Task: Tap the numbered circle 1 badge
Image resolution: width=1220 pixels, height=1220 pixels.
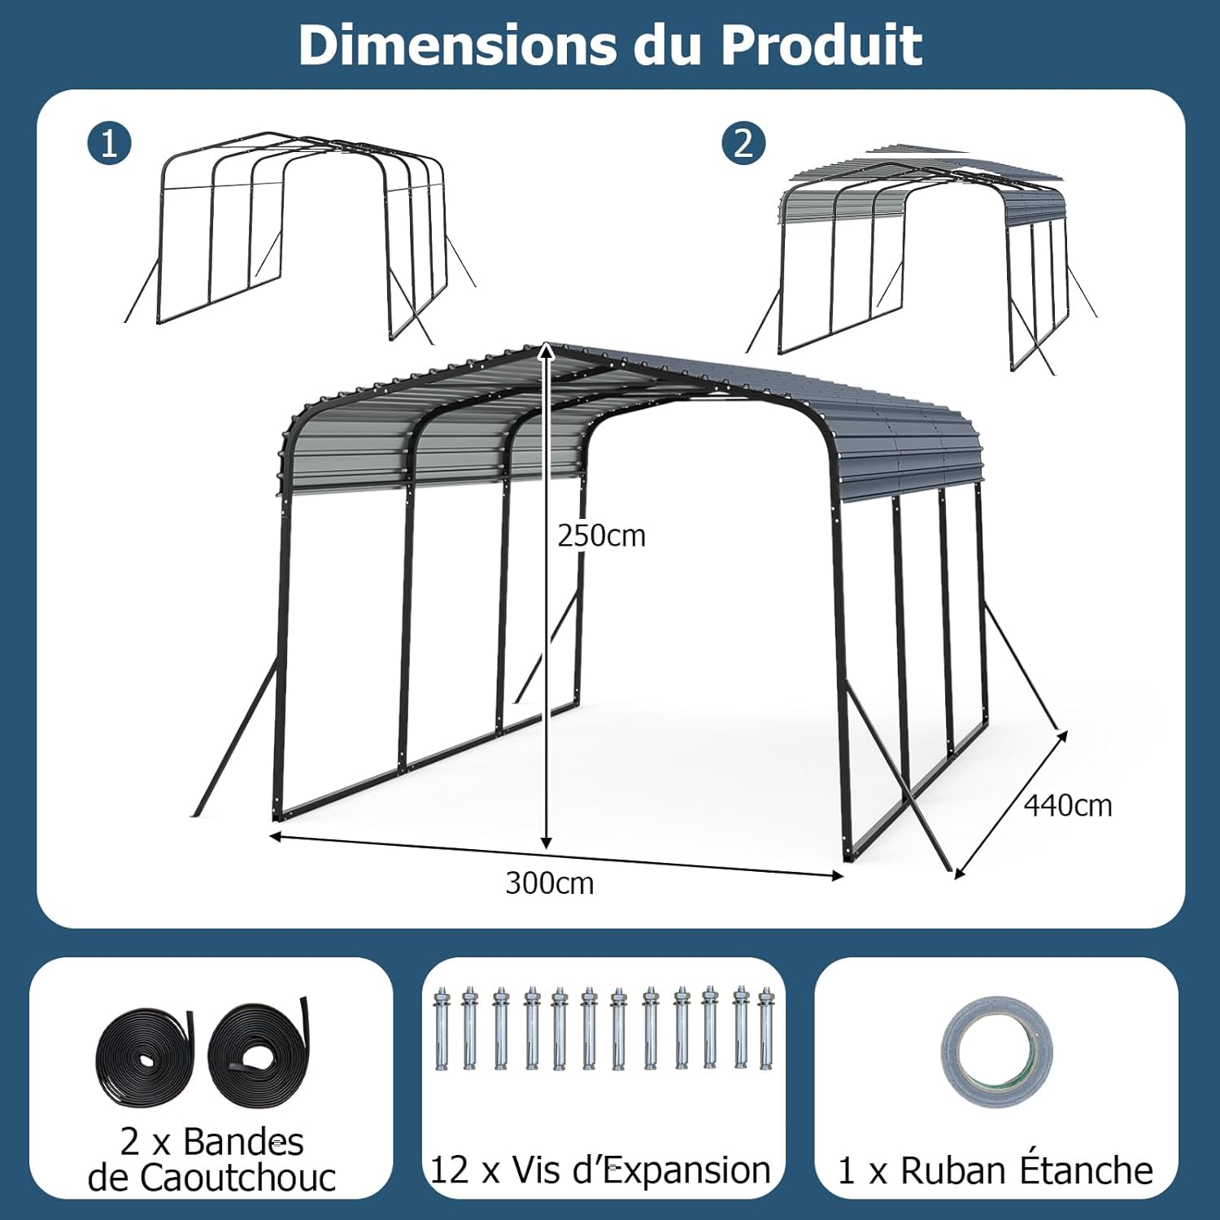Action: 109,144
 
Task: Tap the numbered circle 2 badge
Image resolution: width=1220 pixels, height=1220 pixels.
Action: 743,143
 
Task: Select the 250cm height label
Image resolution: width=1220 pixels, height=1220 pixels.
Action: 601,536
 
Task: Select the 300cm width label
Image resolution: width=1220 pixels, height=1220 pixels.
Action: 550,883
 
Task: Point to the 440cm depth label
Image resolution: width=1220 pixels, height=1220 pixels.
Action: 1068,805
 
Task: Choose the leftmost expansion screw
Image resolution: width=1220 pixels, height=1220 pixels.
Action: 442,1029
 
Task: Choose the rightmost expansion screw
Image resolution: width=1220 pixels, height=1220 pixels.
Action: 765,1029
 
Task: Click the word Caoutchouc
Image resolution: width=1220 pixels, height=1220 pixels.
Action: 211,1178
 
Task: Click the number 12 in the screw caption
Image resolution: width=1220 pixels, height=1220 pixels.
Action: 449,1170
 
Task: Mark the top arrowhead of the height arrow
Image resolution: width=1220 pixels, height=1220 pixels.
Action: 547,351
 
